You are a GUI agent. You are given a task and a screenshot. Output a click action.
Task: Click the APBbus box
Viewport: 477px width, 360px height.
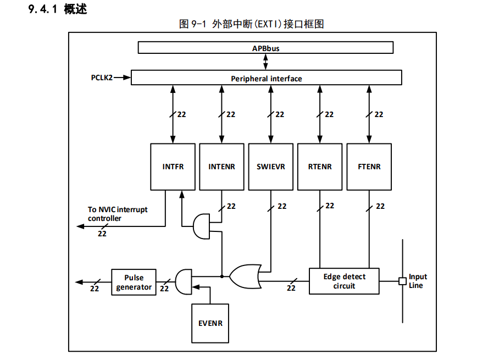pyautogui.click(x=265, y=48)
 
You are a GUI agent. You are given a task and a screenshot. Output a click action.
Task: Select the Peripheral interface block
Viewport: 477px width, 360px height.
pyautogui.click(x=266, y=78)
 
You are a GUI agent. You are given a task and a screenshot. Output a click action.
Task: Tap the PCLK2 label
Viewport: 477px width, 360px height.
pyautogui.click(x=102, y=78)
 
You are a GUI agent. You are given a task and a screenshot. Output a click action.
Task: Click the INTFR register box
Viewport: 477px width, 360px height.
pyautogui.click(x=173, y=167)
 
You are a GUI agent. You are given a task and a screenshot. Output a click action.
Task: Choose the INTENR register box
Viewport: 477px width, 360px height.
pyautogui.click(x=221, y=167)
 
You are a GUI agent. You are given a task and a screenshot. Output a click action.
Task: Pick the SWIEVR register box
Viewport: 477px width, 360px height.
pyautogui.click(x=270, y=167)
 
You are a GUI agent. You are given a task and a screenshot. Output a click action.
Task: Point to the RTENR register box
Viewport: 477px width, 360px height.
pyautogui.click(x=320, y=167)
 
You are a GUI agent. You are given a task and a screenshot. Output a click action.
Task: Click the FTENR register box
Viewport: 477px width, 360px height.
pyautogui.click(x=369, y=167)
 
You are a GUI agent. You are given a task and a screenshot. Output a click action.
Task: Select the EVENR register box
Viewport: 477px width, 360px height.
pyautogui.click(x=210, y=323)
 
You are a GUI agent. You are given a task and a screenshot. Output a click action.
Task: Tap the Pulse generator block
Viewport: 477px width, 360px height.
pyautogui.click(x=134, y=283)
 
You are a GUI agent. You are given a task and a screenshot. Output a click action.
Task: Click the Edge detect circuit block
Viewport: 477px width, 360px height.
pyautogui.click(x=344, y=281)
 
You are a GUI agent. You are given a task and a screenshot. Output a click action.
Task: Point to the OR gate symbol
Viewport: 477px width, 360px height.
pyautogui.click(x=245, y=276)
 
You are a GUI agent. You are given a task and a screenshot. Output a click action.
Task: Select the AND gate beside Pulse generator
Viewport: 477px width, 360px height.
pyautogui.click(x=184, y=281)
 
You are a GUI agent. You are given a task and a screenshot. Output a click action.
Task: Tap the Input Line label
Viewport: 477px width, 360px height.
pyautogui.click(x=417, y=281)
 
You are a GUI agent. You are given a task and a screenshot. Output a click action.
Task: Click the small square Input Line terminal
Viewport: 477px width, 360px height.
pyautogui.click(x=402, y=281)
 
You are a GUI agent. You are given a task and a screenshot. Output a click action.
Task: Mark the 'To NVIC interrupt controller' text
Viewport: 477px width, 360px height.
pyautogui.click(x=118, y=214)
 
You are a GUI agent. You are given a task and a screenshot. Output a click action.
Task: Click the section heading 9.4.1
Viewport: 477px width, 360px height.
pyautogui.click(x=58, y=9)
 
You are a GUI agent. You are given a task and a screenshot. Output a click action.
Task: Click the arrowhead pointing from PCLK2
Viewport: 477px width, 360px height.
pyautogui.click(x=127, y=78)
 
